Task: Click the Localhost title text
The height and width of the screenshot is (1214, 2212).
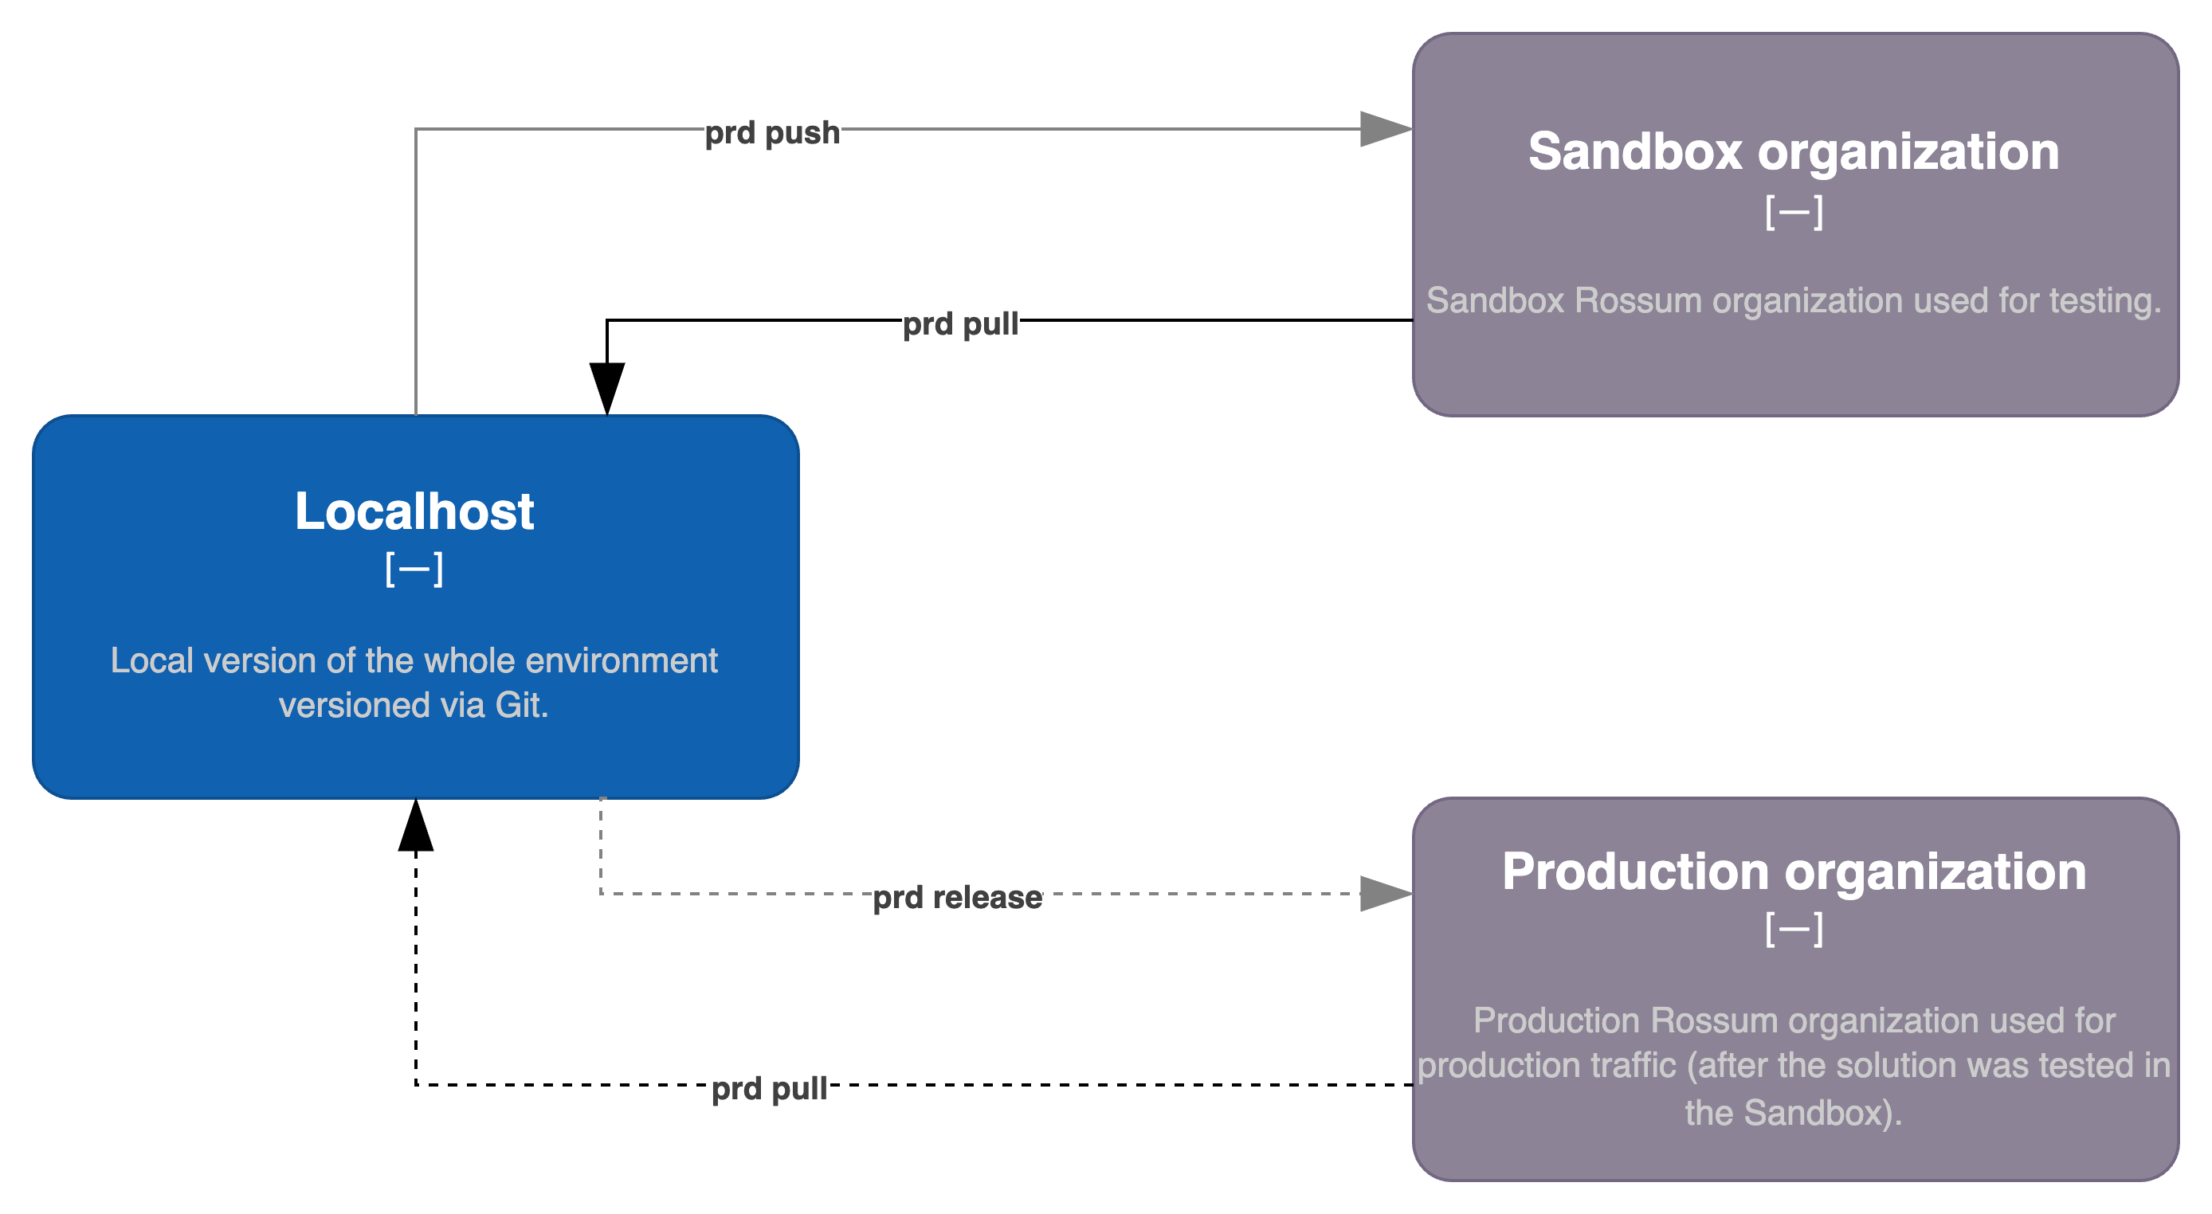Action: [x=414, y=511]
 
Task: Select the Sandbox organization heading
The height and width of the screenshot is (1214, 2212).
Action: [x=1794, y=152]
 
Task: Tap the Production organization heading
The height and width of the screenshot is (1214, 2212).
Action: [x=1794, y=871]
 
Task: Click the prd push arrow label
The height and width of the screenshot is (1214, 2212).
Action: [x=772, y=132]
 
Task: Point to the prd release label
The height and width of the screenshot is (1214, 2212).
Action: [x=958, y=897]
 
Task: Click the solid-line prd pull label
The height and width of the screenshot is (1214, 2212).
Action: [x=960, y=323]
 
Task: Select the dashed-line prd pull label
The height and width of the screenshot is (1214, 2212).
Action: [x=770, y=1089]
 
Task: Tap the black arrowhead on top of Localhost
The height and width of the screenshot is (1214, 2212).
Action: [x=607, y=389]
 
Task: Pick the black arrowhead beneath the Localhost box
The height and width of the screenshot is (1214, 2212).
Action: [x=416, y=825]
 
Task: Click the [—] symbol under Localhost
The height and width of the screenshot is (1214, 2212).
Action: [x=414, y=570]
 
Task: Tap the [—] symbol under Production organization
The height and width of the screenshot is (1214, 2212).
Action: [x=1794, y=929]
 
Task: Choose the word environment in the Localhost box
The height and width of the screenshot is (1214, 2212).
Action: [x=621, y=660]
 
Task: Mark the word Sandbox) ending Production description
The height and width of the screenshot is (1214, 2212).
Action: [x=1823, y=1114]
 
